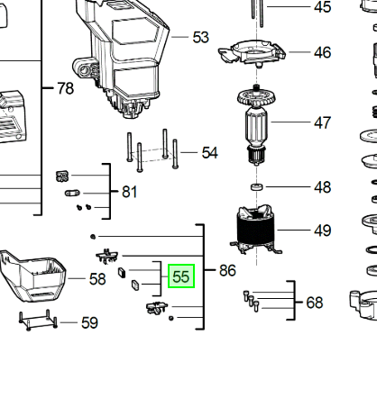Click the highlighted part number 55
click(x=181, y=276)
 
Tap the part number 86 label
click(x=227, y=270)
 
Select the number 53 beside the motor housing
click(x=200, y=38)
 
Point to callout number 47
click(x=323, y=122)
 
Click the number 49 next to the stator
click(x=323, y=231)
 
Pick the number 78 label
click(x=65, y=88)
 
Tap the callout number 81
click(x=130, y=192)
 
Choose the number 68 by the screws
click(x=315, y=303)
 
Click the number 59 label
click(x=89, y=323)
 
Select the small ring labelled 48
click(x=256, y=186)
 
